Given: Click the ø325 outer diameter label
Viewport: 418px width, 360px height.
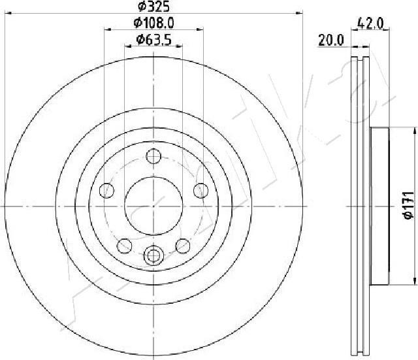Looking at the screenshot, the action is tap(154, 7).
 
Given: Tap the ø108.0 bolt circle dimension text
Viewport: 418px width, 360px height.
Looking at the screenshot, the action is tap(154, 23).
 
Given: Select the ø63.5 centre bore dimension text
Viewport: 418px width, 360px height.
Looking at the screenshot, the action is tap(153, 40).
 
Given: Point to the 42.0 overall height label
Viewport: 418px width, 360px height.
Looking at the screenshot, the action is tap(370, 24).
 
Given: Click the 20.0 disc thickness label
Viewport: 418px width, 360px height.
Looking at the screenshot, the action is tap(331, 41).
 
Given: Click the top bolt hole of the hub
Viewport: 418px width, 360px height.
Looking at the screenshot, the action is tap(153, 156).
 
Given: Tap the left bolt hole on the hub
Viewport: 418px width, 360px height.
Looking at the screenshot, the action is tap(106, 191).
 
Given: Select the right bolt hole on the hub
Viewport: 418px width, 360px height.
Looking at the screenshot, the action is tap(201, 191).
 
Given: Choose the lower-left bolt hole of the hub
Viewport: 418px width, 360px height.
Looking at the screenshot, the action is tap(125, 246).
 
